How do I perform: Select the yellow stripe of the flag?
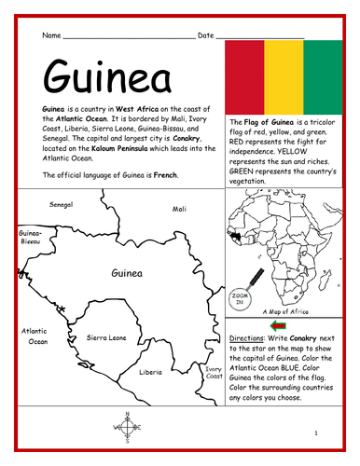click(282, 76)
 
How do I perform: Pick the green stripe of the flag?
click(316, 76)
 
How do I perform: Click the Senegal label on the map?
click(62, 203)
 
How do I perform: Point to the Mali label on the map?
click(179, 210)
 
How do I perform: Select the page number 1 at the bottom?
click(317, 433)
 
